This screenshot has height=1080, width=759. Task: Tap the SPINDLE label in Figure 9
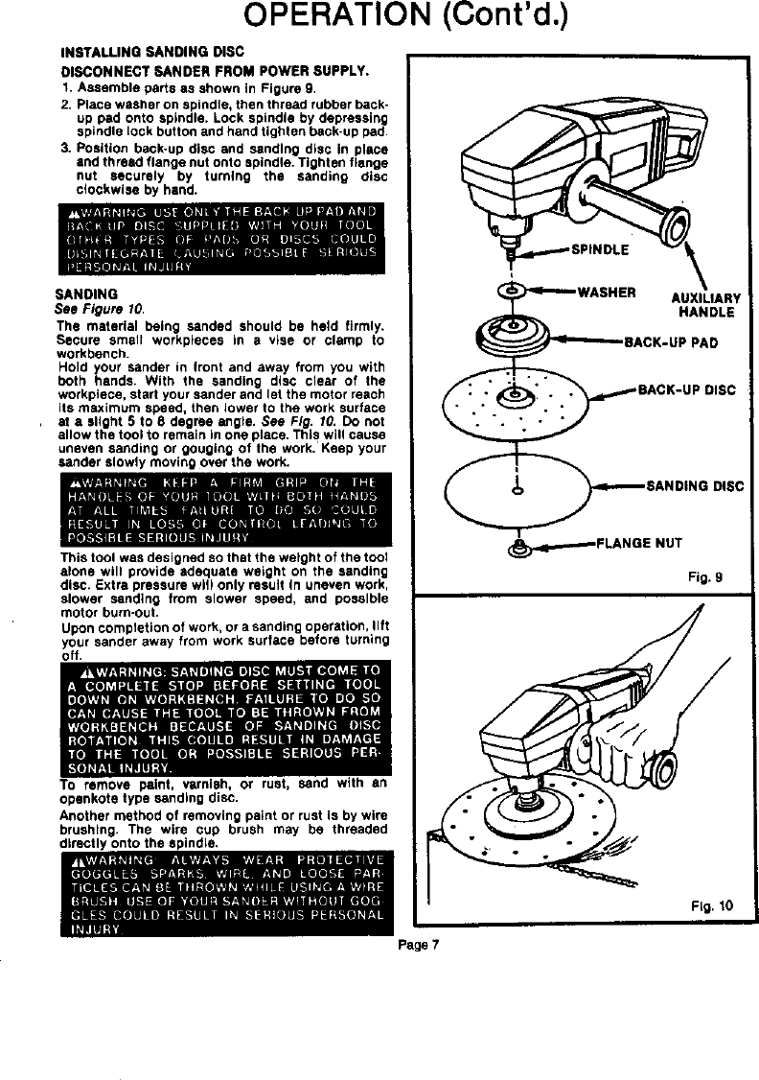(x=600, y=251)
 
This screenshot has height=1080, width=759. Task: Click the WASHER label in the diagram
(x=607, y=292)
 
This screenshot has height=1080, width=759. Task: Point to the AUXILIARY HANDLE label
(x=704, y=305)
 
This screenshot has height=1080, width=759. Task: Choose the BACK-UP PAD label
(x=671, y=340)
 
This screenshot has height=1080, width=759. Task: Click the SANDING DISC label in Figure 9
(x=695, y=485)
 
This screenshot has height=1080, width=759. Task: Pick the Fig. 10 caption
(x=712, y=904)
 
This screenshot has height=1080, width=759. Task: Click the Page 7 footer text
(x=419, y=943)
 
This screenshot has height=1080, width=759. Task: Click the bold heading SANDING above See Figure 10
(x=85, y=293)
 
